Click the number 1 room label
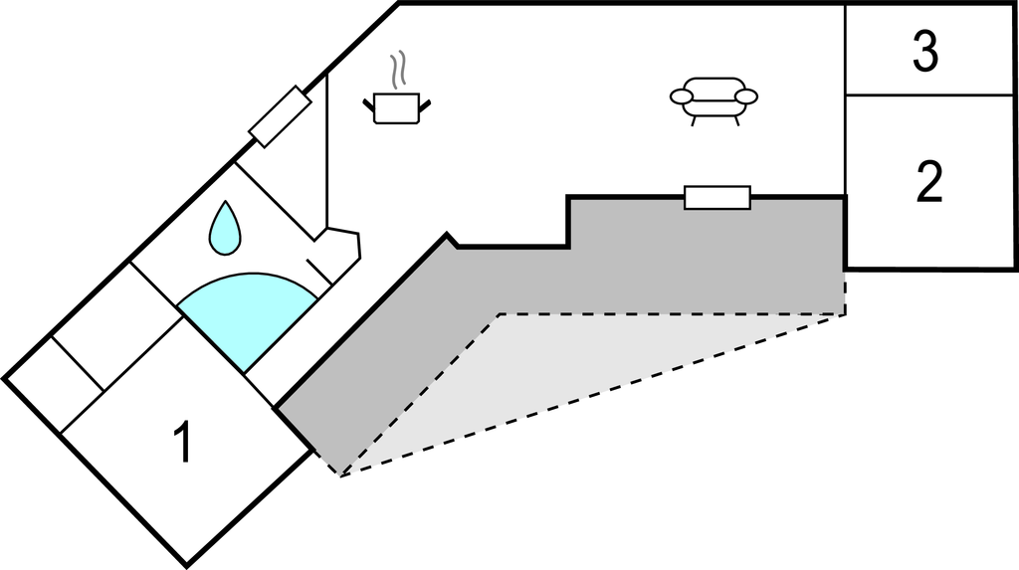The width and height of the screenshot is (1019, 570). point(182,443)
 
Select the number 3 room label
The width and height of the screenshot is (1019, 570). point(925,53)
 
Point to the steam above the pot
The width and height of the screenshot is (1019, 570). point(399,70)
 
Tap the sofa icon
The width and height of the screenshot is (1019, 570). point(713,99)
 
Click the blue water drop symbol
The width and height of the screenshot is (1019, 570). point(225,227)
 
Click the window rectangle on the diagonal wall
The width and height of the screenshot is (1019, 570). point(280,116)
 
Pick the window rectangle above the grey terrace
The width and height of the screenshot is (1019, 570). point(716,197)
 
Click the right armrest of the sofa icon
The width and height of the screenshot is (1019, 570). point(746,95)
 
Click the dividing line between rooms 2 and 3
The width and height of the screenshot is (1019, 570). point(930,95)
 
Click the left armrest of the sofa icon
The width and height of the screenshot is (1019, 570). point(682,95)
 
